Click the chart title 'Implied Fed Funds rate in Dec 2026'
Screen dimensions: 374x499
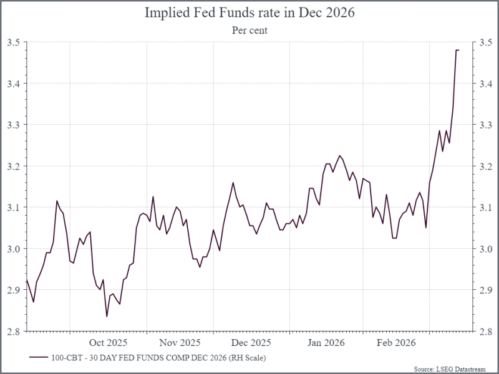[x=249, y=12]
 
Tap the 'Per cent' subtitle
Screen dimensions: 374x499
[x=249, y=30]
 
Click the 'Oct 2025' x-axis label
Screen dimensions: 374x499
[x=108, y=343]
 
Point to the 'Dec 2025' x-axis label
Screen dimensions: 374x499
[x=251, y=343]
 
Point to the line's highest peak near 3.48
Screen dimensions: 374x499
[x=457, y=50]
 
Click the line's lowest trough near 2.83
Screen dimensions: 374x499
[x=107, y=317]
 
